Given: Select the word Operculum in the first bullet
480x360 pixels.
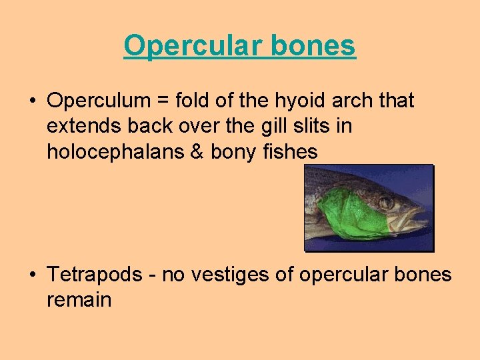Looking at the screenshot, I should coord(99,101).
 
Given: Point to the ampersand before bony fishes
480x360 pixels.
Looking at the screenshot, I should coord(197,151).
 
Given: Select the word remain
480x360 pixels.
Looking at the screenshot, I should coord(79,299).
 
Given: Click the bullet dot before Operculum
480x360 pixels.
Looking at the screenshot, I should coord(32,101).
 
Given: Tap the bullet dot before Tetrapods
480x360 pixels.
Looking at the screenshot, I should coord(32,275).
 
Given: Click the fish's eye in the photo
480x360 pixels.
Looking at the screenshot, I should coord(386,201).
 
